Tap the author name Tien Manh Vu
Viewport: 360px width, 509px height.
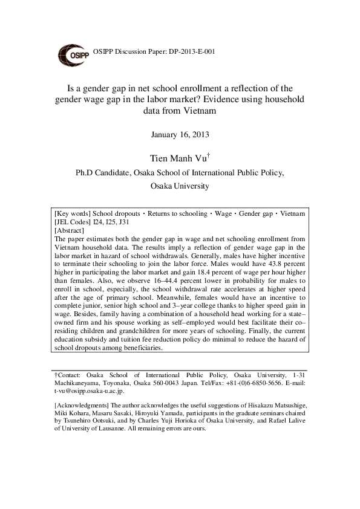(x=178, y=159)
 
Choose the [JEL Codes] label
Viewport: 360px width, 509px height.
(x=72, y=222)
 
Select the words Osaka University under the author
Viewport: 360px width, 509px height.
(x=180, y=186)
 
